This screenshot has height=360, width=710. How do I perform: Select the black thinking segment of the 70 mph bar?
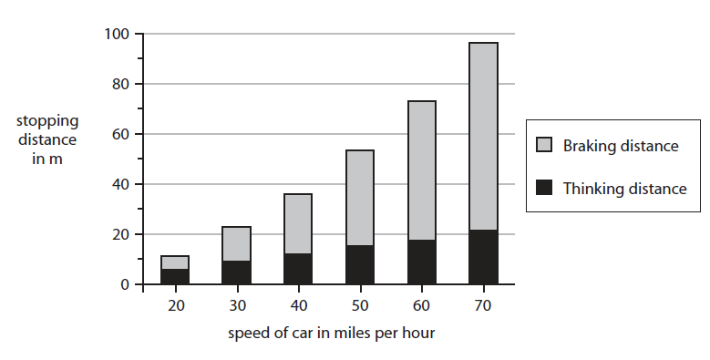(483, 257)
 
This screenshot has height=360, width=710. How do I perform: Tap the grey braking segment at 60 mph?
(421, 170)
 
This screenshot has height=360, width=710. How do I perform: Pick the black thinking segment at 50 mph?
(360, 264)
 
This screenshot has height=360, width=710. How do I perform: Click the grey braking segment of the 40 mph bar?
(298, 223)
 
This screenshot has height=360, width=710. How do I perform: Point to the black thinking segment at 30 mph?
(237, 273)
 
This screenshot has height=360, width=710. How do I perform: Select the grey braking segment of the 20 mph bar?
(175, 262)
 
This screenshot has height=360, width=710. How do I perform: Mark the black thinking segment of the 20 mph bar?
(175, 277)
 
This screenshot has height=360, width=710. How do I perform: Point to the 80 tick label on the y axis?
(123, 85)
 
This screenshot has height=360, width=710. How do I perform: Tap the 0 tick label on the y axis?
(127, 285)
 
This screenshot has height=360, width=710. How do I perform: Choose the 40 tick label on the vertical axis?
(123, 185)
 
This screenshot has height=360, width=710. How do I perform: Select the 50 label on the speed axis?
(360, 304)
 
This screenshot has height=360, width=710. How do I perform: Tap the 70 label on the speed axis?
(483, 304)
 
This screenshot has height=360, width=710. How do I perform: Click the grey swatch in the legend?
(545, 146)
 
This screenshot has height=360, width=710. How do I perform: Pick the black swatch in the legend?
(545, 189)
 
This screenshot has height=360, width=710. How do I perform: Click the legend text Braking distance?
(621, 146)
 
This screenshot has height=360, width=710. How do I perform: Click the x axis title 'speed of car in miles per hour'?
(332, 332)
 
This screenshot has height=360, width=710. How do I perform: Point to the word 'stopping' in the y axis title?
(46, 120)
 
